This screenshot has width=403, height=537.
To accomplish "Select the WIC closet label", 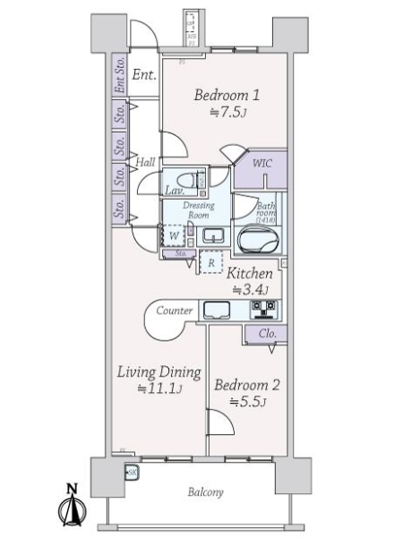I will point(262,165).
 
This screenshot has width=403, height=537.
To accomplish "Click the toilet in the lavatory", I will point(185,177).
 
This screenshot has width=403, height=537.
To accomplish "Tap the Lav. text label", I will point(175,191).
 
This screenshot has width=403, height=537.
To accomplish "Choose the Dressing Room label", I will point(198,209).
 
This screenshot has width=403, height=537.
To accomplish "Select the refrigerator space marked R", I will point(210,262).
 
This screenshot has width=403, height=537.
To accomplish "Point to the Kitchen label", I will point(248,273).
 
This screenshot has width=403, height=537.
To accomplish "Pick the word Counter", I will point(175,311).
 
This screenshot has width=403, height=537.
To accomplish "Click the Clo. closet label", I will point(267,334).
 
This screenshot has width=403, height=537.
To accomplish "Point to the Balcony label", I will point(205,492).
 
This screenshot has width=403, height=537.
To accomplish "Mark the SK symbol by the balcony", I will point(132,472).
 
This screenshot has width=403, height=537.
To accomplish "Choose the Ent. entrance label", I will point(144,75).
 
